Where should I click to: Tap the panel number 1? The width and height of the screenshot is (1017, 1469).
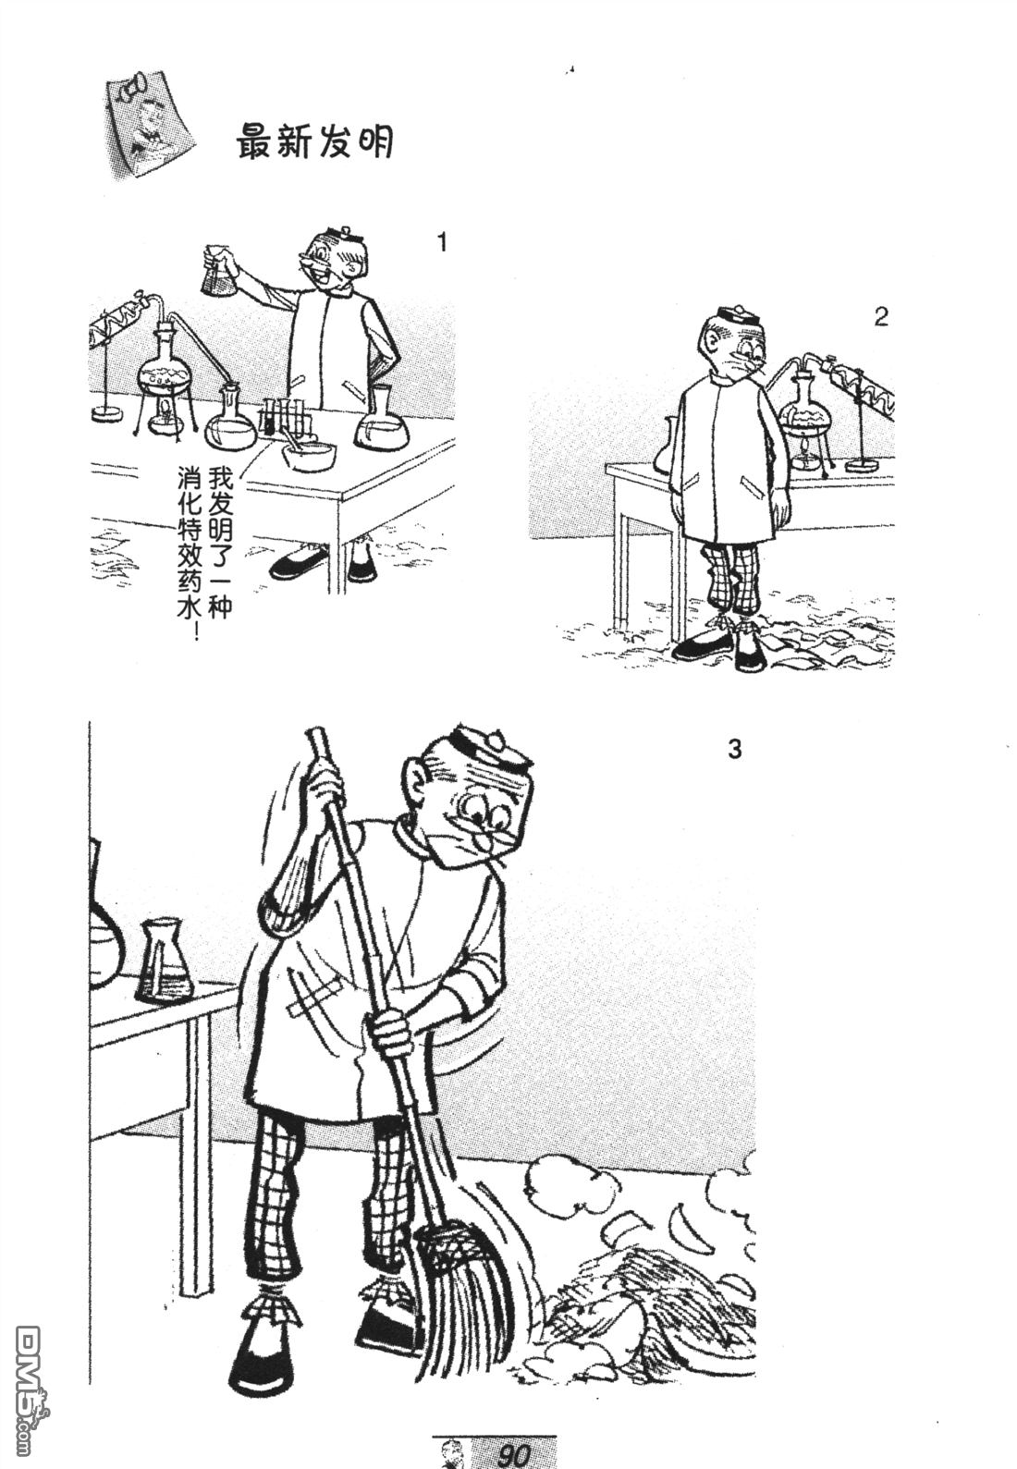click(443, 242)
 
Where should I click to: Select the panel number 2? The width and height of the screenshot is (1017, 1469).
click(880, 317)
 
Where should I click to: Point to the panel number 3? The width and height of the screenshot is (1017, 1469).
click(735, 749)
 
